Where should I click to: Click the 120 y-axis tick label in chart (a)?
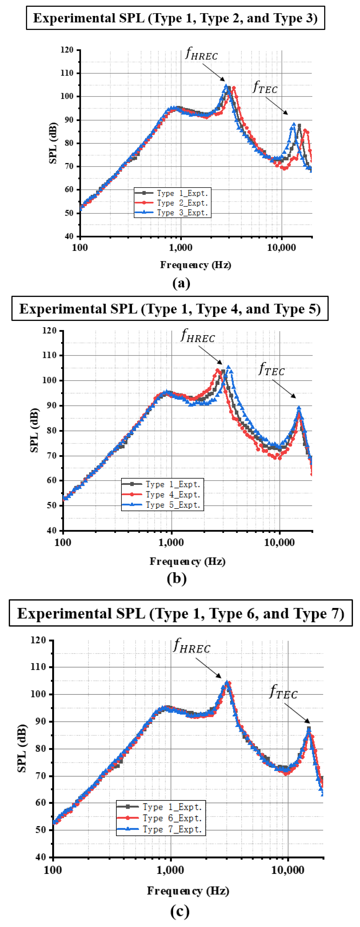pyautogui.click(x=67, y=50)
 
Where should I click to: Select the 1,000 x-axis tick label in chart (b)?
pyautogui.click(x=171, y=542)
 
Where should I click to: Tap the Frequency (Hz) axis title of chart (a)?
pyautogui.click(x=195, y=265)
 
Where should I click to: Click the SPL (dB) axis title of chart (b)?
pyautogui.click(x=34, y=430)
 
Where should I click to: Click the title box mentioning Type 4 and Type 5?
pyautogui.click(x=170, y=308)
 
